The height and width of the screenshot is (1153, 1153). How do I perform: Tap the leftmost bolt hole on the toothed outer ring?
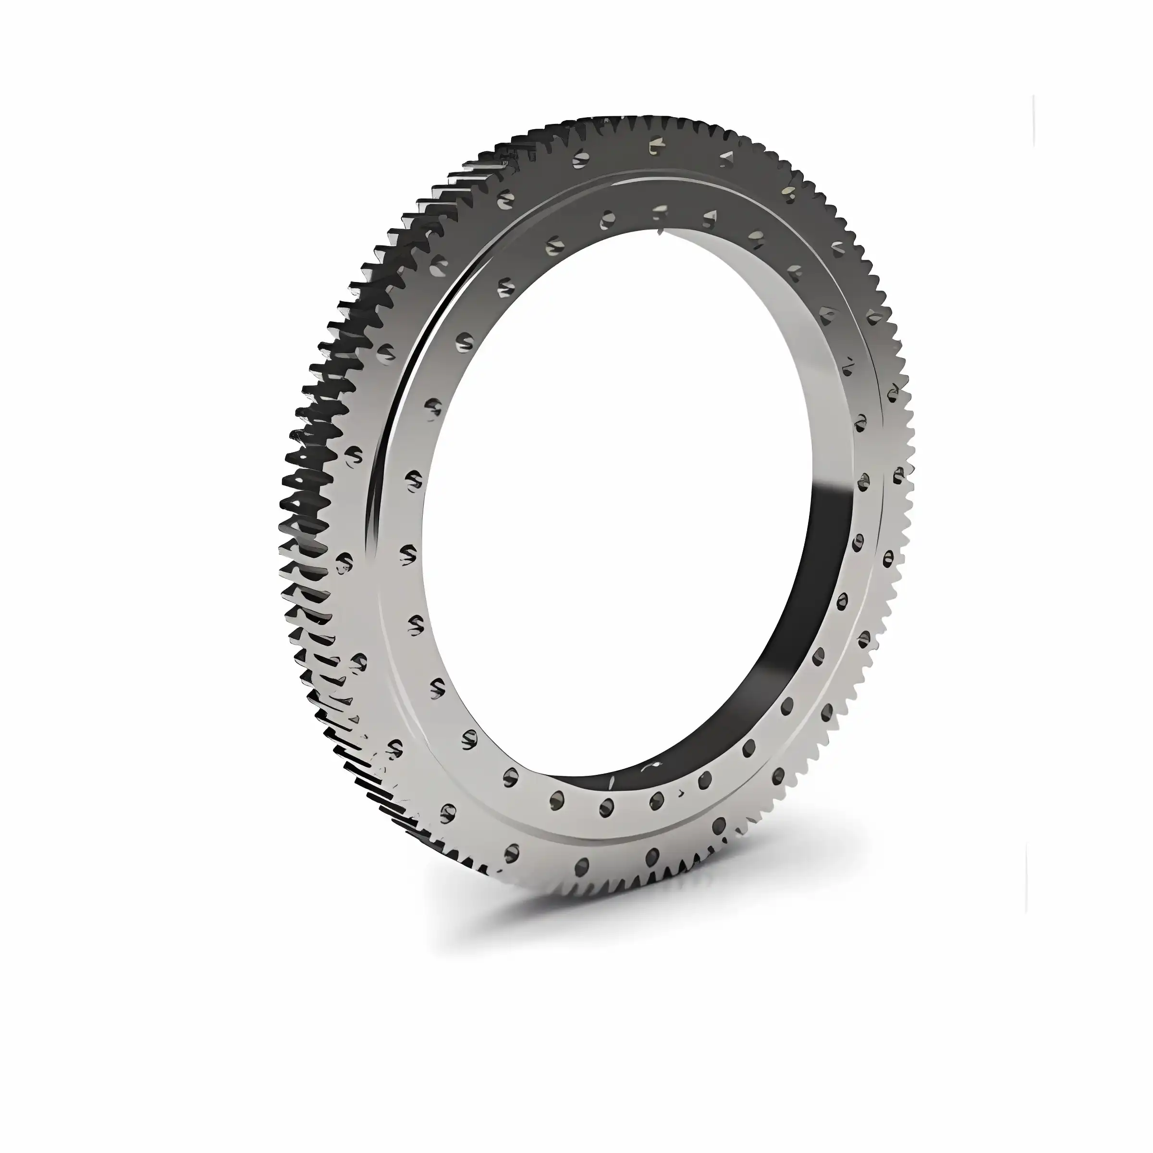(344, 561)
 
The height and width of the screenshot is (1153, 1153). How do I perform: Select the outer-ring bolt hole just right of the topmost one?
(727, 158)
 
